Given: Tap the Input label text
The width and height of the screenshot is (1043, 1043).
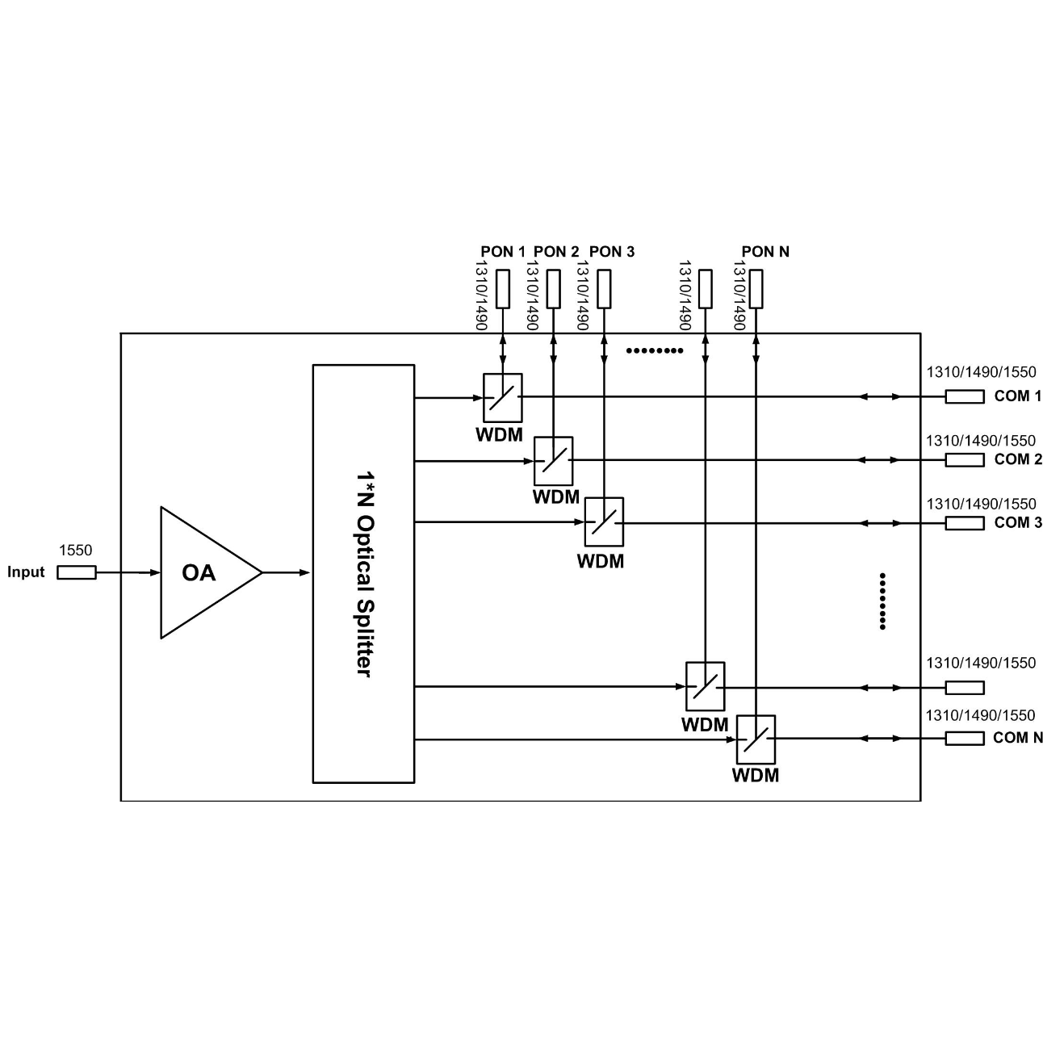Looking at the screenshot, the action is coord(26,572).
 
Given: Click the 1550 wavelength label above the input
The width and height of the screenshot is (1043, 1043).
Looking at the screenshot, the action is coord(75,550).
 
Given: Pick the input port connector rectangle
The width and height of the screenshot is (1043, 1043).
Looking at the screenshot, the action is coord(77,572).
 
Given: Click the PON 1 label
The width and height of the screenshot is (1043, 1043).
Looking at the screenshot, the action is coord(503,252).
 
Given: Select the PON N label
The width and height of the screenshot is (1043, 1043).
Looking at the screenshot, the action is coord(765,252).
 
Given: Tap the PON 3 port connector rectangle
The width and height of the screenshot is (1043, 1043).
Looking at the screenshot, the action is coord(604,289).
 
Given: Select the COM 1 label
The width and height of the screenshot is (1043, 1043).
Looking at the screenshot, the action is coord(1017,396).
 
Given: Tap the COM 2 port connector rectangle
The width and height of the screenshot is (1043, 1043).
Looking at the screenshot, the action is coord(965,460).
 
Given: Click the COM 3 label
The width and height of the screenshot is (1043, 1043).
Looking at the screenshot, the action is coord(1017,523).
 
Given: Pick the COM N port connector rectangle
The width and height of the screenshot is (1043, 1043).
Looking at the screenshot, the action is coord(965,739).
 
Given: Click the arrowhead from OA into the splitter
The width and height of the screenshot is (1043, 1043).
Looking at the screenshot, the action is coord(304,572).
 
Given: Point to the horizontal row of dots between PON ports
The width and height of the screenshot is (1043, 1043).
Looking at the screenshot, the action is coord(655,350).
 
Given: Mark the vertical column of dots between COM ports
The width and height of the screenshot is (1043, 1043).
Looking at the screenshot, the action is coord(882,601).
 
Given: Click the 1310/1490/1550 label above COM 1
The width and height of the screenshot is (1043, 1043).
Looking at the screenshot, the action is coord(981,372).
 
